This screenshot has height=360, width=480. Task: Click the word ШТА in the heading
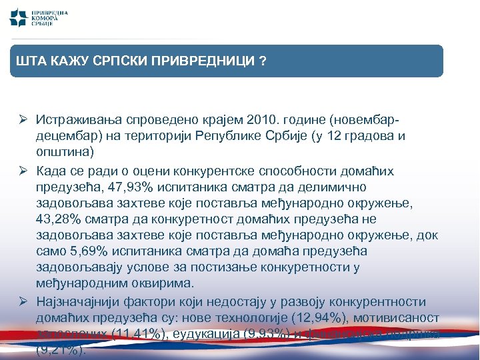[29, 61]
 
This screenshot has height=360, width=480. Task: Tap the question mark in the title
[264, 61]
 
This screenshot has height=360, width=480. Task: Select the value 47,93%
[127, 187]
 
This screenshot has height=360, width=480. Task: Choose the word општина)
[65, 152]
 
